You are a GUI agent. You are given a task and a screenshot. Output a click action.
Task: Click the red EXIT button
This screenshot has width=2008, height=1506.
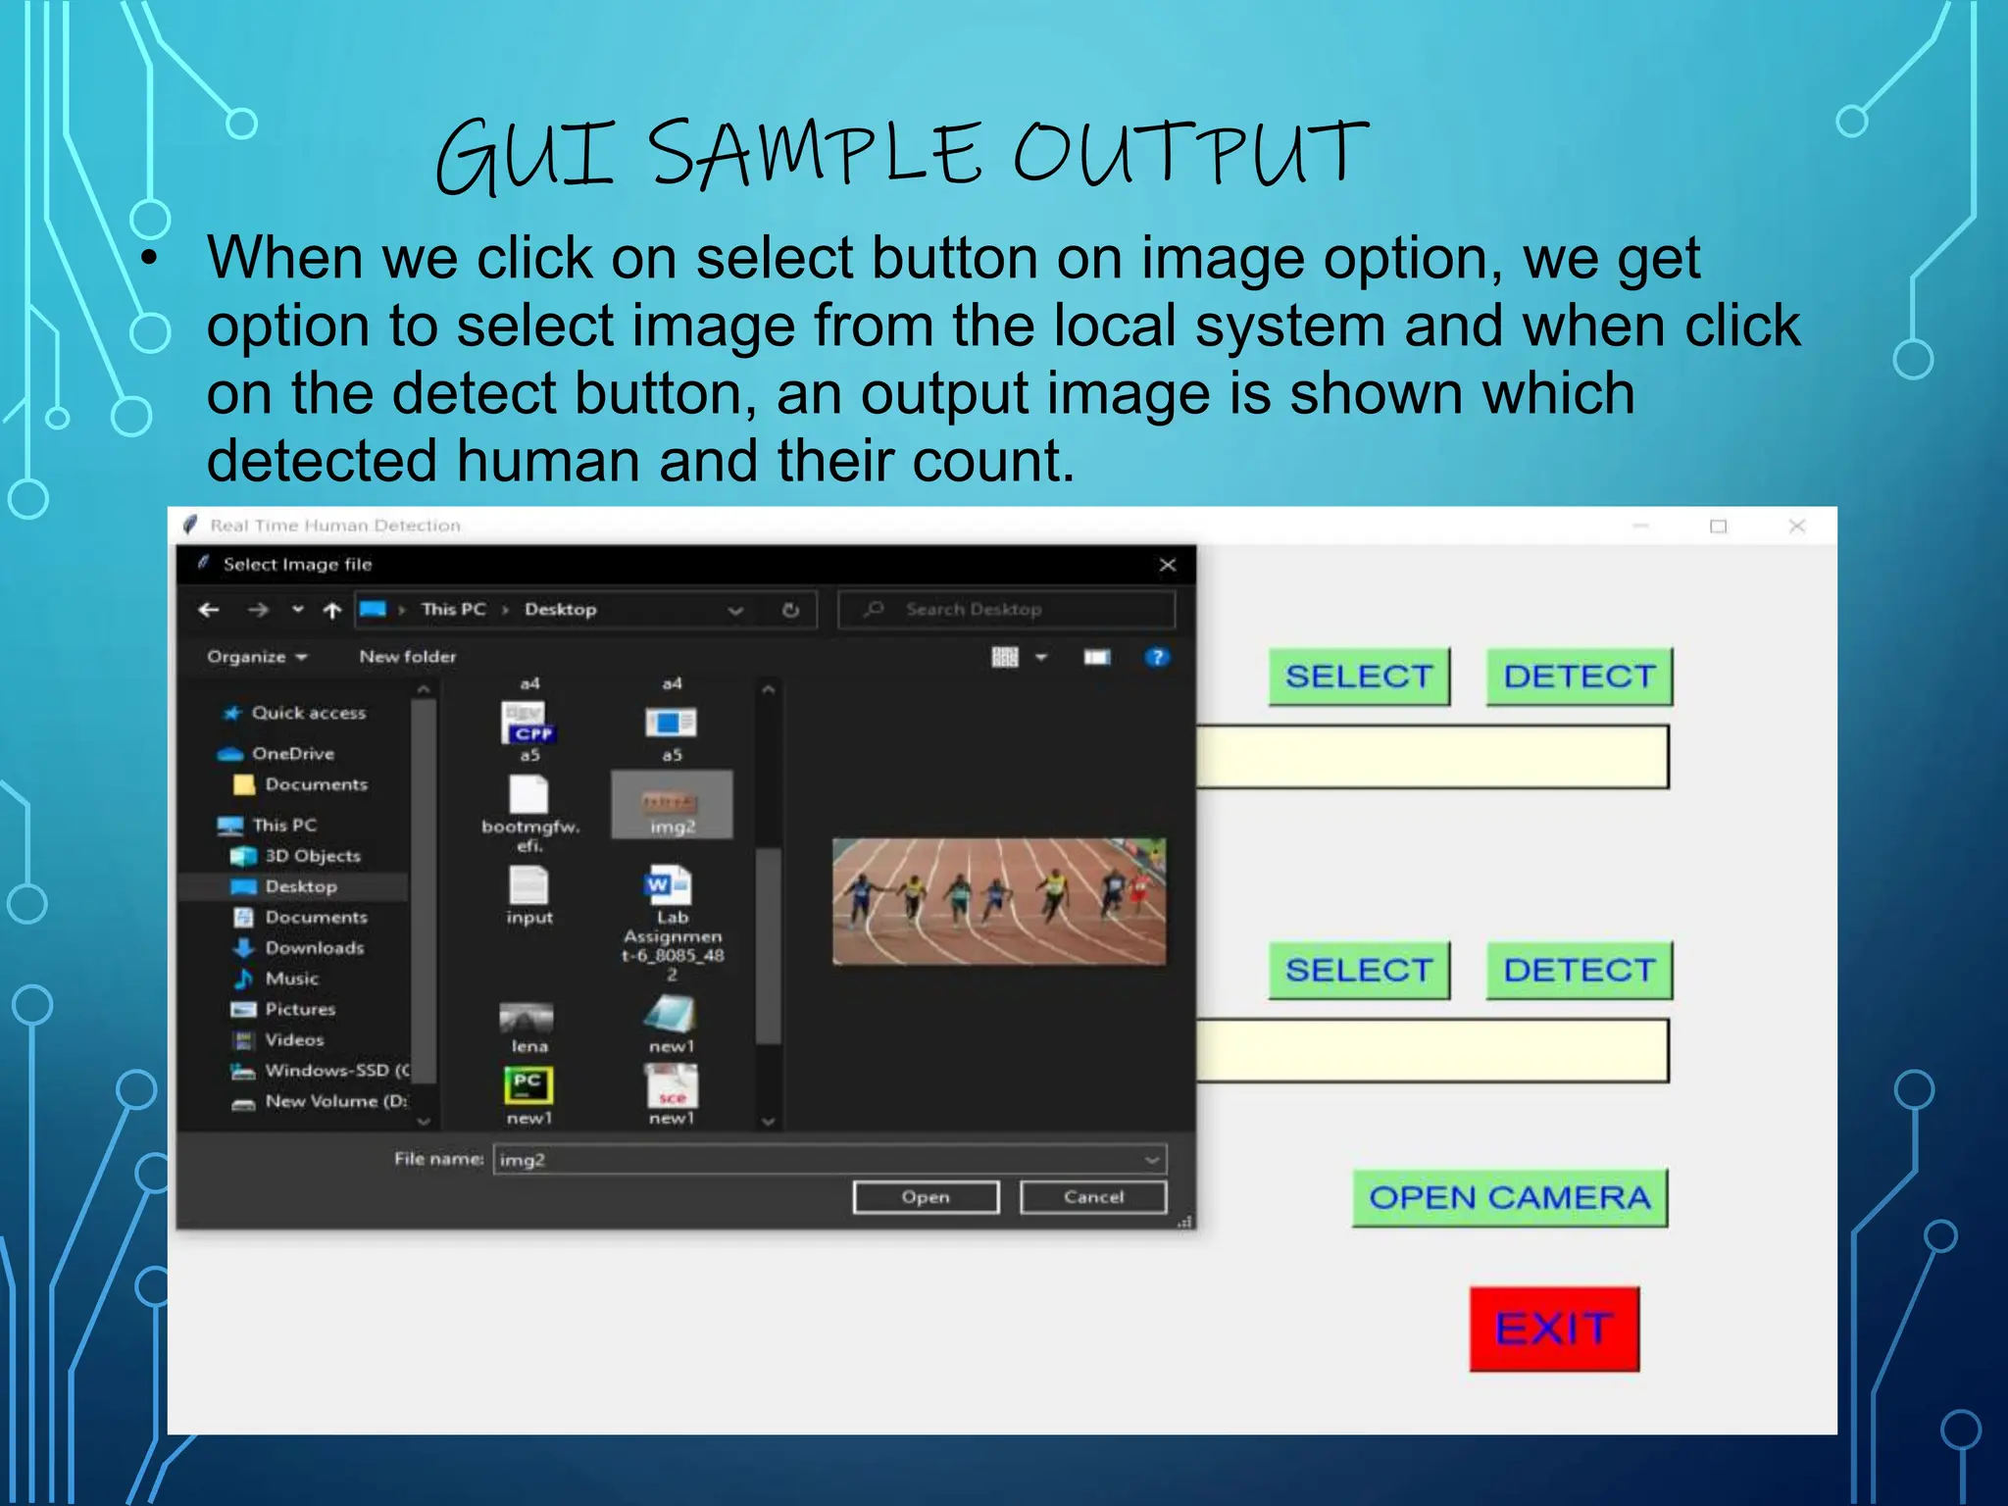(x=1554, y=1329)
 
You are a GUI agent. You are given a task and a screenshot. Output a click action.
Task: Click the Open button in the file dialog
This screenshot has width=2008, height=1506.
(x=926, y=1197)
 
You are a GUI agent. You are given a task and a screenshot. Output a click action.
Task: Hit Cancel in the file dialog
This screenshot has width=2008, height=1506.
(x=1093, y=1197)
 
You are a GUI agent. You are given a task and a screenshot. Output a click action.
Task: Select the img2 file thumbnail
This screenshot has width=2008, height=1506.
(x=672, y=804)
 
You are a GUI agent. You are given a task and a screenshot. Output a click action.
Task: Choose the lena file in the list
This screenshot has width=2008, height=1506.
(x=528, y=1025)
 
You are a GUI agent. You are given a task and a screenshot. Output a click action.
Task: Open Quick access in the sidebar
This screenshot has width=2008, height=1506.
(x=307, y=713)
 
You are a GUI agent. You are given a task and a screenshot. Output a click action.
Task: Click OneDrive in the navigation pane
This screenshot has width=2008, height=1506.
(x=292, y=753)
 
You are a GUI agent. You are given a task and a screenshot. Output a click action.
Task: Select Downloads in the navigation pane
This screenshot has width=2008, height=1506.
(x=314, y=947)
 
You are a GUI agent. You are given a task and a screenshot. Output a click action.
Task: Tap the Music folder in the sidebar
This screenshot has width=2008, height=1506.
(x=291, y=979)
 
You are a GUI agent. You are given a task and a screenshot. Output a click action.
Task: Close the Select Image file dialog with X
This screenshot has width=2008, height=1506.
(x=1167, y=565)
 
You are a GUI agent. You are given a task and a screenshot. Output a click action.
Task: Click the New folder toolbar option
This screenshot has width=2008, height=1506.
(x=407, y=657)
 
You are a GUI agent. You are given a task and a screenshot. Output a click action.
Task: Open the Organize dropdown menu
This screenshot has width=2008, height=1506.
(x=256, y=657)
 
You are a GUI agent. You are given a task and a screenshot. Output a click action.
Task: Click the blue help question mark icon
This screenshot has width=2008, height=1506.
(x=1157, y=657)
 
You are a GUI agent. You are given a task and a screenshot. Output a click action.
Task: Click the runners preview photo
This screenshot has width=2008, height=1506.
(x=999, y=901)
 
